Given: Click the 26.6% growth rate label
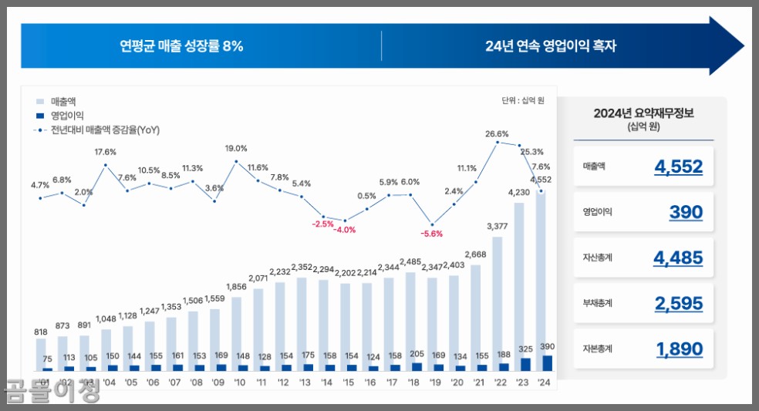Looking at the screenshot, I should (x=497, y=133).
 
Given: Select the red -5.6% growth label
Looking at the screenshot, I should (x=431, y=234).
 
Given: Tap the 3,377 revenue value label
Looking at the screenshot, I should (x=497, y=226).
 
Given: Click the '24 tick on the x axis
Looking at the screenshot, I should (x=545, y=382).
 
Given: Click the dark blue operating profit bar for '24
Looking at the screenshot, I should (x=547, y=363).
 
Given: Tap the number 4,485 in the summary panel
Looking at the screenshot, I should (x=678, y=258).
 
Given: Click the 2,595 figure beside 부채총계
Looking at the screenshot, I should (x=678, y=304).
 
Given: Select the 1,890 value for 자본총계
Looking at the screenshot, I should (x=679, y=349).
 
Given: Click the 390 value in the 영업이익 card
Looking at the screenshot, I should (x=686, y=212).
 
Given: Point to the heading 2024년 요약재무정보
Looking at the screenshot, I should (x=643, y=113).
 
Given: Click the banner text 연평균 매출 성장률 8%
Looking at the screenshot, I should (x=181, y=46).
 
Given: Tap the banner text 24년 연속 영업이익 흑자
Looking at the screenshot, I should (x=551, y=46).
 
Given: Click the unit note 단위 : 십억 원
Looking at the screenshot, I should (x=523, y=100).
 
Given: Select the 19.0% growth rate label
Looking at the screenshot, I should (x=236, y=148).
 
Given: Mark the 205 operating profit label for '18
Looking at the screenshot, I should (x=417, y=355).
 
